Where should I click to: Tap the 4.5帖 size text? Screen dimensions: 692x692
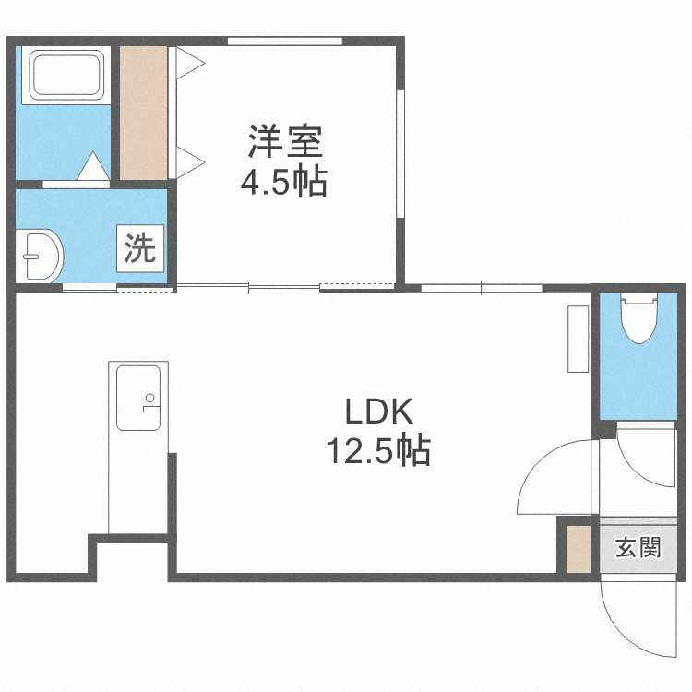point(283,183)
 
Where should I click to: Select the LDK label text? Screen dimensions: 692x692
point(376,411)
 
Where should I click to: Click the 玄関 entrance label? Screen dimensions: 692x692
point(638,548)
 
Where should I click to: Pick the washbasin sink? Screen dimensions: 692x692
point(41,256)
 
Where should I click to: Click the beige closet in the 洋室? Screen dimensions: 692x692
point(144,112)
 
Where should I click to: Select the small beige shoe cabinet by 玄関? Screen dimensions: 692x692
point(578,548)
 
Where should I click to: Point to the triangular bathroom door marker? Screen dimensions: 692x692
point(92,167)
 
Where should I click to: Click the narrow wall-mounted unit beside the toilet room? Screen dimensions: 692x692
point(578,339)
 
